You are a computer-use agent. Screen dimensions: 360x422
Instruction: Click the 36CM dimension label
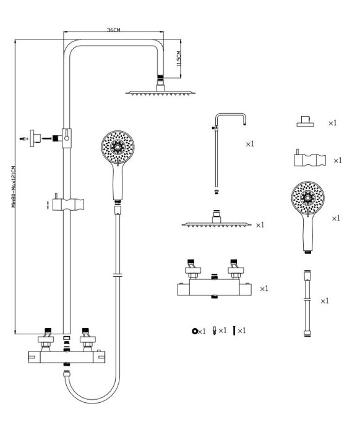113,30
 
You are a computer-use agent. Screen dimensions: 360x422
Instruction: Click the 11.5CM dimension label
179,59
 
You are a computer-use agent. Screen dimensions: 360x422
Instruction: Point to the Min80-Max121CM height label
14,187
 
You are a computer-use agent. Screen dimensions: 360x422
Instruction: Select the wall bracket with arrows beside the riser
35,138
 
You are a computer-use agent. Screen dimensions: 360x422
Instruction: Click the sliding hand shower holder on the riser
68,204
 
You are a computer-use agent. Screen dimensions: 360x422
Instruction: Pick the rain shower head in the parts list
216,219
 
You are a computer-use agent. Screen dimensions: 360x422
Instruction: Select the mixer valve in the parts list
215,279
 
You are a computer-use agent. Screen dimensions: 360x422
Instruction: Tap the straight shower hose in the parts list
307,303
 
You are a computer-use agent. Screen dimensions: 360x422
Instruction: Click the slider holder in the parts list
310,159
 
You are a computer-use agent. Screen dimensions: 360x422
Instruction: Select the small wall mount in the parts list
306,122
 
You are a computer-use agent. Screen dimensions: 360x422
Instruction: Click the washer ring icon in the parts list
194,331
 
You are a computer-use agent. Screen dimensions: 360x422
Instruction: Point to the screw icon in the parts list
234,331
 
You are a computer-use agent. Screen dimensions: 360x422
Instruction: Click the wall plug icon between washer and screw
215,331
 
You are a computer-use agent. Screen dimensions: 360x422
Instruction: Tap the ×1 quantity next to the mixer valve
264,289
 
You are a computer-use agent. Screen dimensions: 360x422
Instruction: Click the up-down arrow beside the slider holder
48,205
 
